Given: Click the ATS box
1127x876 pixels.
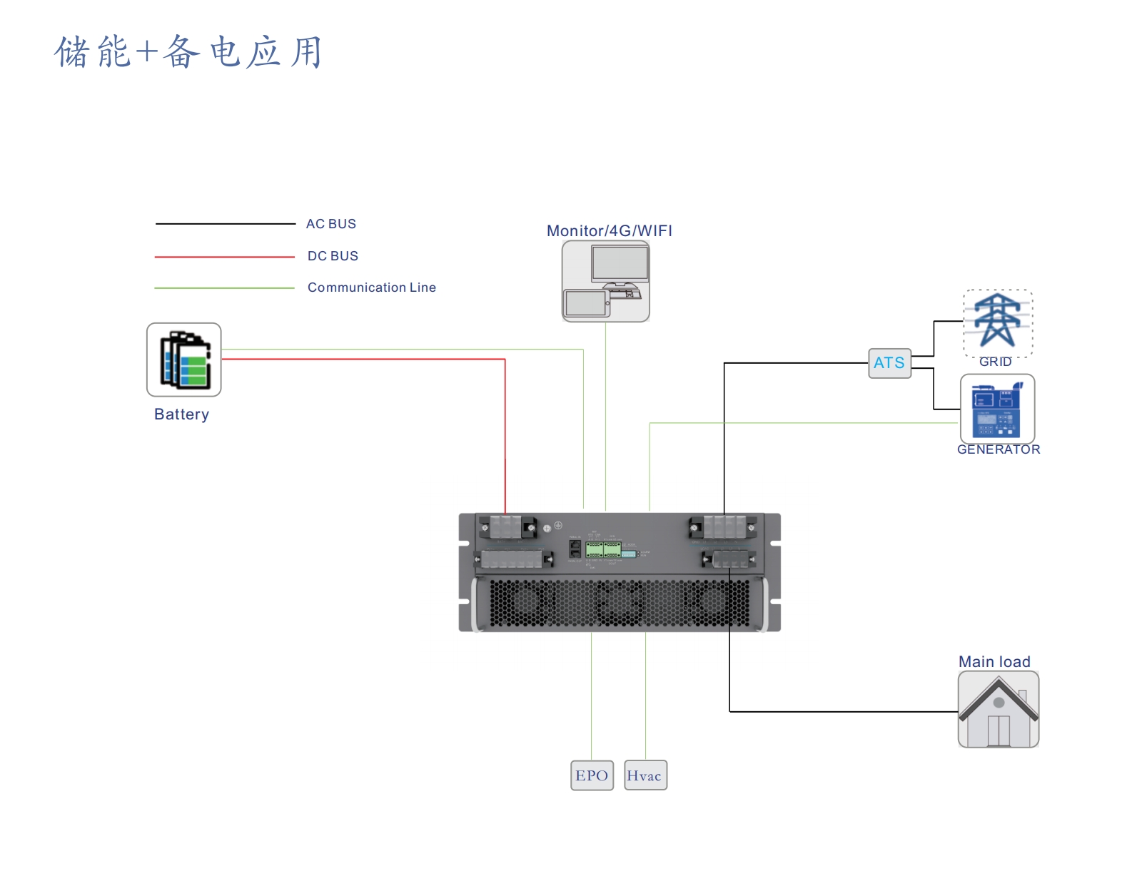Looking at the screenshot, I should point(889,363).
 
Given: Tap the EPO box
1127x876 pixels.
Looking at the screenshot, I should point(592,775).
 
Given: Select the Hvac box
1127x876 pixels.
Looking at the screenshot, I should point(645,775).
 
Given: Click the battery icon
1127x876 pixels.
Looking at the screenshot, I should point(184,360).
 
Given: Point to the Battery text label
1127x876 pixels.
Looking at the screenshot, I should point(181,414).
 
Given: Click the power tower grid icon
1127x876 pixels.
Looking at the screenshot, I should point(997,320).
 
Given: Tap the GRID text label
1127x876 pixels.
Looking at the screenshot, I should point(995,362).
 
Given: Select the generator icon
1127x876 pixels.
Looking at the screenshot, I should point(996,409).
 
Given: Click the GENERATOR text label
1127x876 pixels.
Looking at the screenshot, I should point(998,449).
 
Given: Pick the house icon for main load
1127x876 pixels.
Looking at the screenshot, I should point(998,710).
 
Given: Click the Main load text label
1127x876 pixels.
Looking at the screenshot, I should point(994,662).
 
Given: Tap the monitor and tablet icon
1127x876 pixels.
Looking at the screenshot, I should point(605,281).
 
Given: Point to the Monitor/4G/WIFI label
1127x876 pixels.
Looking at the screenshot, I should point(609,231).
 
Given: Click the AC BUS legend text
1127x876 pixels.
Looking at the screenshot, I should point(330,224).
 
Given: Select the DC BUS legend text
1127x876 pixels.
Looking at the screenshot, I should point(333,256).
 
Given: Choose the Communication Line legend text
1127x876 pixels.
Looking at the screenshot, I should point(371,287).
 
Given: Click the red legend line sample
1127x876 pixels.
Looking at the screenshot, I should point(224,257).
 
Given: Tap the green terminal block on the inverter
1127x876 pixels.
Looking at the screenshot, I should point(602,549).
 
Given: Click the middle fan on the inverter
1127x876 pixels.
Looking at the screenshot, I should point(618,603).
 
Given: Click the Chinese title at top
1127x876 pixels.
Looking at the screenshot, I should point(188,52).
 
